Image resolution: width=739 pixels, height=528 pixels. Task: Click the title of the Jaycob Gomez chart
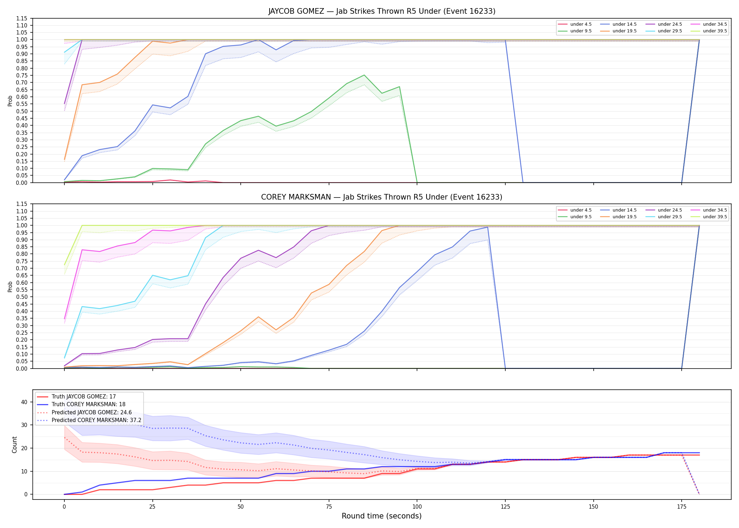382,11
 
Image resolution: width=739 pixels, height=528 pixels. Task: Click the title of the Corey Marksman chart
382,197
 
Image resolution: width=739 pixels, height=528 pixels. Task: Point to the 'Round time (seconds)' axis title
382,516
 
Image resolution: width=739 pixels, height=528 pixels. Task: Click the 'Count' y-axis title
14,445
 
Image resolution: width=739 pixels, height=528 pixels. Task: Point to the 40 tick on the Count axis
24,402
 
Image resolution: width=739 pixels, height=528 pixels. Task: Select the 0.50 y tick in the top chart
23,111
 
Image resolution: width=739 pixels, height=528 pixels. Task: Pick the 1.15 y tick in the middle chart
23,204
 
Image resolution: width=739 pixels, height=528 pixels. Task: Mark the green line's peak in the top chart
364,75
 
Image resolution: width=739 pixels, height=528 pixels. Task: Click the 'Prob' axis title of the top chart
10,101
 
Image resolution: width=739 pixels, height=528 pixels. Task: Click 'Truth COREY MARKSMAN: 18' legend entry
89,404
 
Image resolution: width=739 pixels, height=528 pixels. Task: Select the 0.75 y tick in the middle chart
23,261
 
